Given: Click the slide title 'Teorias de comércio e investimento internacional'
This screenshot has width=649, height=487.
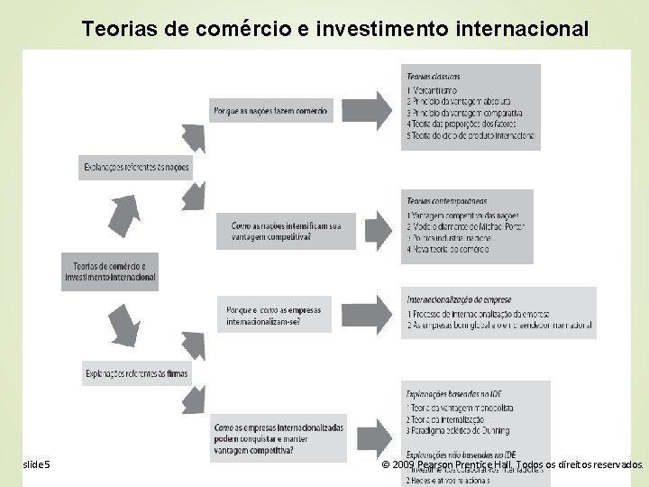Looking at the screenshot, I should pos(334,28).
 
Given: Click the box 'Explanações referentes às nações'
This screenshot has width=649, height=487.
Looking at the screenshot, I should pos(135,168).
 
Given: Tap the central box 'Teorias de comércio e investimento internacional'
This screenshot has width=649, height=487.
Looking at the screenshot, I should pos(109,271).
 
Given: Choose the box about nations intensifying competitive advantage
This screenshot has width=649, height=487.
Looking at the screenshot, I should pos(285,231).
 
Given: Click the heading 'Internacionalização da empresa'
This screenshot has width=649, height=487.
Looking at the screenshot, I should pos(460,299).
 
